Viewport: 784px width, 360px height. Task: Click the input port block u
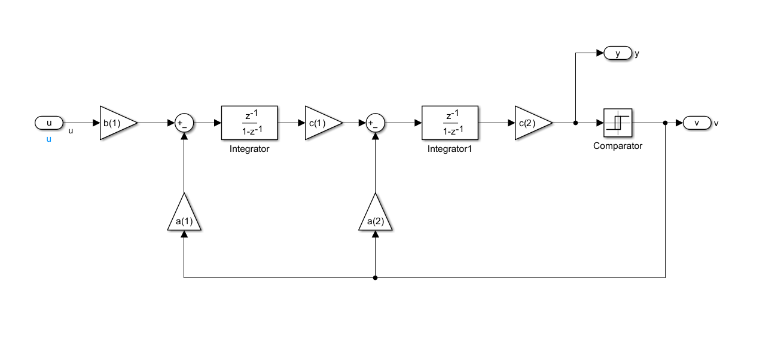(49, 123)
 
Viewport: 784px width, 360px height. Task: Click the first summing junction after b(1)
(184, 123)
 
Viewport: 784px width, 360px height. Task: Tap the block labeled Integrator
(249, 123)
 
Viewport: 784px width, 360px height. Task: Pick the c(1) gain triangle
(322, 123)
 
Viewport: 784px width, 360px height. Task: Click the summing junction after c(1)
(375, 123)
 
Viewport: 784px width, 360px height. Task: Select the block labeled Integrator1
(450, 123)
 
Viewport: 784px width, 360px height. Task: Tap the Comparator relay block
(618, 123)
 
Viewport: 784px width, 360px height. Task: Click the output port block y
(618, 54)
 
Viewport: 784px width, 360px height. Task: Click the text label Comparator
(618, 146)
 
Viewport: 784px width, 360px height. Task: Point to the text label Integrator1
(450, 149)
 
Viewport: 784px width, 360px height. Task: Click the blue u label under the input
(49, 139)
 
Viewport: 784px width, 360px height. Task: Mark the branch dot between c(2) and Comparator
(575, 123)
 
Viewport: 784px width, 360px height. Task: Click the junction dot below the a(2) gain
(375, 277)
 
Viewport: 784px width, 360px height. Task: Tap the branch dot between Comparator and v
(666, 123)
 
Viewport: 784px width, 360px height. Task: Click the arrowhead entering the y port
(600, 54)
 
